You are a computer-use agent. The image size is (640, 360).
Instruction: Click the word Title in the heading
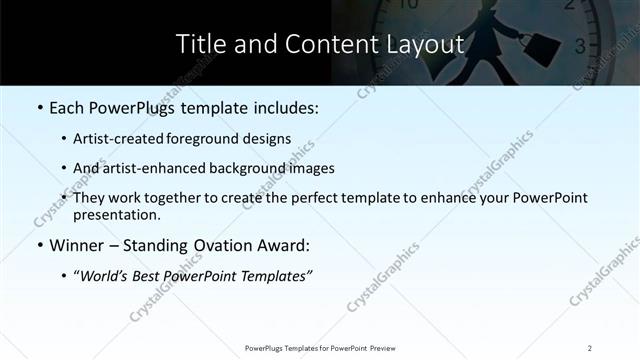[x=200, y=45]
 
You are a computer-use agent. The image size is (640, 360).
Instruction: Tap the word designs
[x=269, y=138]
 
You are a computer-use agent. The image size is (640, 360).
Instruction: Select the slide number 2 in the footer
[x=590, y=347]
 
